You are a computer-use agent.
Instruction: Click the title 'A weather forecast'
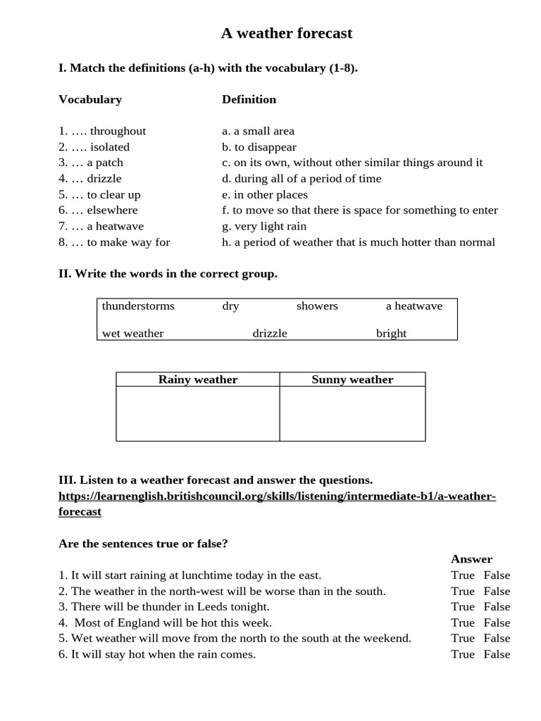[286, 33]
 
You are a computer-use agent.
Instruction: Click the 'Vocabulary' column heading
[89, 99]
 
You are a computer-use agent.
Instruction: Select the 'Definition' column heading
[249, 99]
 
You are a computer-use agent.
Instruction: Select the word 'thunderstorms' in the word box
[138, 306]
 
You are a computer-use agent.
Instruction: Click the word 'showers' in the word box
[317, 306]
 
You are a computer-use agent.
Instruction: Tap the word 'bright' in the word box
[391, 333]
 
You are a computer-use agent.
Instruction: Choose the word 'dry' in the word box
[230, 306]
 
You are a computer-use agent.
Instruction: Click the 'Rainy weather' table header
[198, 380]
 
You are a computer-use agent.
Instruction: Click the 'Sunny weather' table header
[352, 380]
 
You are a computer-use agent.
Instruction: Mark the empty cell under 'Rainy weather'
[198, 413]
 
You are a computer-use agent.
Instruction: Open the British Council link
[277, 496]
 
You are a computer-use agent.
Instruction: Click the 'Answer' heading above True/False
[471, 559]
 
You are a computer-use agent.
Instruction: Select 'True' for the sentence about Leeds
[463, 606]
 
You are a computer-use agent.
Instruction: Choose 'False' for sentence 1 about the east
[497, 575]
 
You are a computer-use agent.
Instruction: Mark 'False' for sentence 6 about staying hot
[497, 654]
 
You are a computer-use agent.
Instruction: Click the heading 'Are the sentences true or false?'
[143, 544]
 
